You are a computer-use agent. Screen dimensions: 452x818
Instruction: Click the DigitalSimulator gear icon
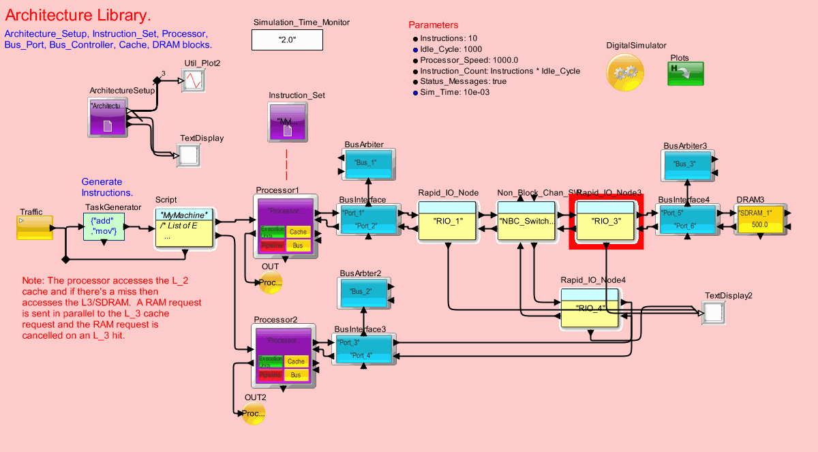point(624,72)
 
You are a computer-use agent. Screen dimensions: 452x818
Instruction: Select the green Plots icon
point(685,73)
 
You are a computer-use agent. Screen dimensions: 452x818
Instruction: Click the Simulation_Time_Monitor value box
point(287,40)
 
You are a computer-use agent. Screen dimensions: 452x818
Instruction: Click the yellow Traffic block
point(34,228)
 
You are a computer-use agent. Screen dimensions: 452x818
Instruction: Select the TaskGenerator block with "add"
point(104,226)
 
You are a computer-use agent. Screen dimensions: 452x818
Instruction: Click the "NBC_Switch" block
point(526,220)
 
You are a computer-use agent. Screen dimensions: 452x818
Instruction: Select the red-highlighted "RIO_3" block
point(606,221)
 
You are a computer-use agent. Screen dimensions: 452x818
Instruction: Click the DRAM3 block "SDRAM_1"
point(759,217)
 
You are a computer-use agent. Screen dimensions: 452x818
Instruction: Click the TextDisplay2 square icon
point(714,312)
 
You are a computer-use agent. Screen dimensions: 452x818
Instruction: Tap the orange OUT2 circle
point(253,412)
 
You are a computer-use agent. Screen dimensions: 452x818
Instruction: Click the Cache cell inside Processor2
point(296,361)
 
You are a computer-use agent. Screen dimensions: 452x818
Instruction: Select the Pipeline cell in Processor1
point(272,244)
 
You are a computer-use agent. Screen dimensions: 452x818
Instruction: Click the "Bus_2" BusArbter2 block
point(365,292)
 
